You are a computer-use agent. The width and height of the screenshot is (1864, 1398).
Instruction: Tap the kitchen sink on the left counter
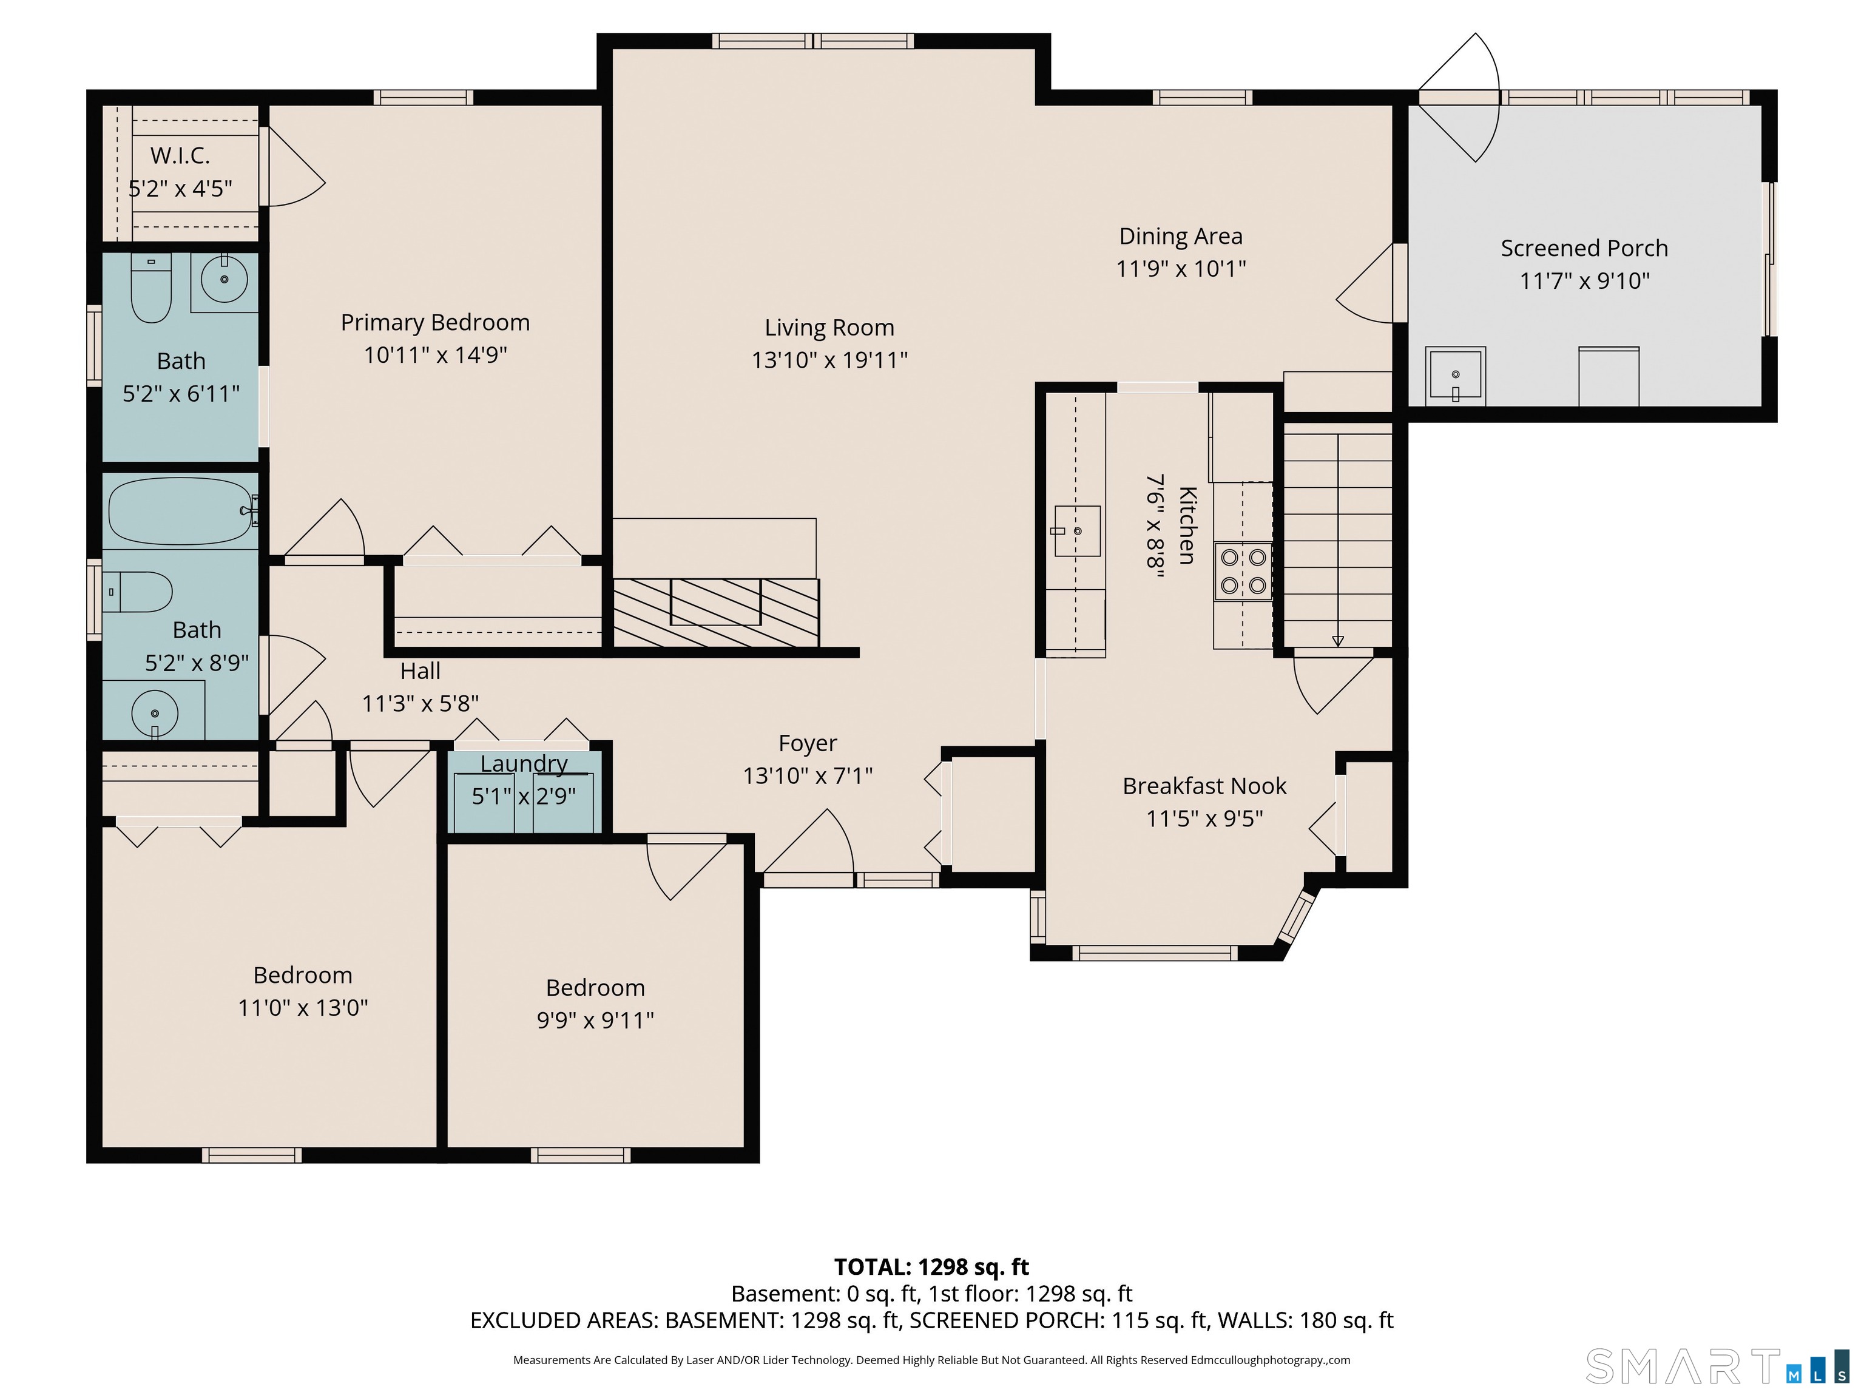click(x=1077, y=531)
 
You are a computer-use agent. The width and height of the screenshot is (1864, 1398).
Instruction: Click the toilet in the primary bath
click(x=152, y=288)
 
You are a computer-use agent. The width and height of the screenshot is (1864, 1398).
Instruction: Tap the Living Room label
click(x=829, y=327)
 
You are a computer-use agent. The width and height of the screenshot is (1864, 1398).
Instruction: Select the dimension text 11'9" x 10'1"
click(x=1181, y=269)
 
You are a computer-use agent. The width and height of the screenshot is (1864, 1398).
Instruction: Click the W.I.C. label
click(x=180, y=155)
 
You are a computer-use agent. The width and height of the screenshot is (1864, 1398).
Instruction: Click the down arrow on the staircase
click(x=1337, y=640)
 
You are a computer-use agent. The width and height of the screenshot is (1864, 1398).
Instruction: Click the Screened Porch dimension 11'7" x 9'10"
click(x=1584, y=280)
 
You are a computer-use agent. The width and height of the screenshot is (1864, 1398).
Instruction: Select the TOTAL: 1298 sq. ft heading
click(x=931, y=1266)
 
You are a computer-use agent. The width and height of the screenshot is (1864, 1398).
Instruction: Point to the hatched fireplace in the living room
click(x=715, y=613)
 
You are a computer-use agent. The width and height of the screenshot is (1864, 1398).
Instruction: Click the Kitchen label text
click(x=1186, y=525)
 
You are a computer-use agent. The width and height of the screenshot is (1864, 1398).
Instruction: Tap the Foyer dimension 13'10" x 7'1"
click(x=807, y=775)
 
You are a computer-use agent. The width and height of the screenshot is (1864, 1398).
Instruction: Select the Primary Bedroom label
click(x=435, y=322)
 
